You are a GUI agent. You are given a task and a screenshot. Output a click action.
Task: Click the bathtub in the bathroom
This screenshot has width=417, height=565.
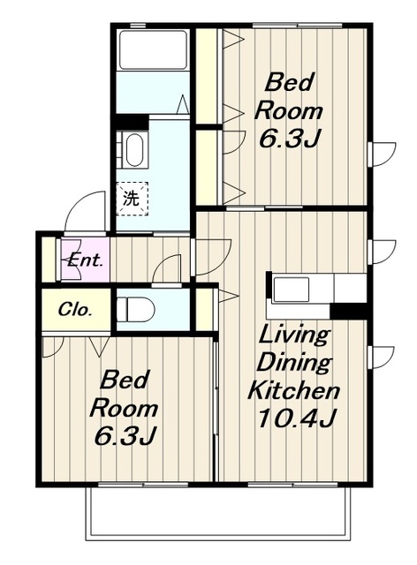[x=152, y=49]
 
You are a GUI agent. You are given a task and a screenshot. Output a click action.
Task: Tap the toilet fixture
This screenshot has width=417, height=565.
[x=136, y=309]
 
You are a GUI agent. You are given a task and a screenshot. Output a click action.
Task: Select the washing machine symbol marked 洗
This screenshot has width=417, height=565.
[x=132, y=199]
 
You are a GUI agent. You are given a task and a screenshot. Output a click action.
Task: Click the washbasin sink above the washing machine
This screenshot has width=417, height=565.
[x=134, y=150]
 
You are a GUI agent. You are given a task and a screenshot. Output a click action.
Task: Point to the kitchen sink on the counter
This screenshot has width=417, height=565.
[x=292, y=290]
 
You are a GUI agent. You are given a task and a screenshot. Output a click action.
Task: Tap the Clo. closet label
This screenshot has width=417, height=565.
[x=74, y=310]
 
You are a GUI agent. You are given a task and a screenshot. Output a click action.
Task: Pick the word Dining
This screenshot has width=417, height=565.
[x=293, y=363]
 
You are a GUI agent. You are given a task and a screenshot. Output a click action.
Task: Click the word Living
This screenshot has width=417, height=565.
[x=294, y=335]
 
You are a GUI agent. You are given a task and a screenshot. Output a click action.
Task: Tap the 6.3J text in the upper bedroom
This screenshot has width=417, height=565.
[x=289, y=138]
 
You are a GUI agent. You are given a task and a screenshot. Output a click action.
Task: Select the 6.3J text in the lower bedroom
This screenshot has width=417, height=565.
[x=125, y=435]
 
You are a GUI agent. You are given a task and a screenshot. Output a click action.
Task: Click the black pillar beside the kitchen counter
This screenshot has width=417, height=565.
[x=348, y=311]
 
